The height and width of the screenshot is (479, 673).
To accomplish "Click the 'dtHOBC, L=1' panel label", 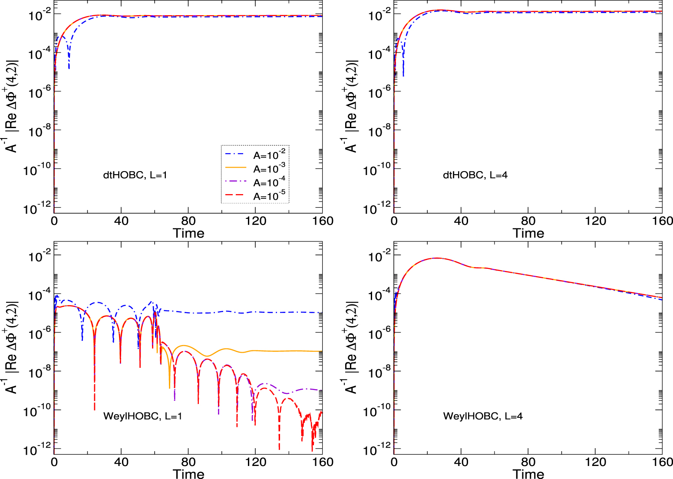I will (x=135, y=175).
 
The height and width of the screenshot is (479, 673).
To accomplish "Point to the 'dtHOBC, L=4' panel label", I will (x=475, y=175).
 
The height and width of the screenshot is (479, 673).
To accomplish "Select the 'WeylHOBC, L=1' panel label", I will (x=142, y=416).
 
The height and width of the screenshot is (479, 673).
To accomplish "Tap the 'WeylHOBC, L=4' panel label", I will (x=482, y=416).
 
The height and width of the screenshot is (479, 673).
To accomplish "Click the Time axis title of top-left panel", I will (x=188, y=233).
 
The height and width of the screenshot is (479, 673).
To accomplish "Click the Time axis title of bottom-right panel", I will (x=528, y=474).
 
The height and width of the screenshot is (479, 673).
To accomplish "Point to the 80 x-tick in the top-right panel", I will (x=528, y=221).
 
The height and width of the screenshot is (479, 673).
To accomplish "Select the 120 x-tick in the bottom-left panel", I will (x=255, y=462).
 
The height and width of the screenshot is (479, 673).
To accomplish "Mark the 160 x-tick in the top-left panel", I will (x=322, y=221).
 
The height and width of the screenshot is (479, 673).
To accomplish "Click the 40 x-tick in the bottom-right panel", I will (x=461, y=462).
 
